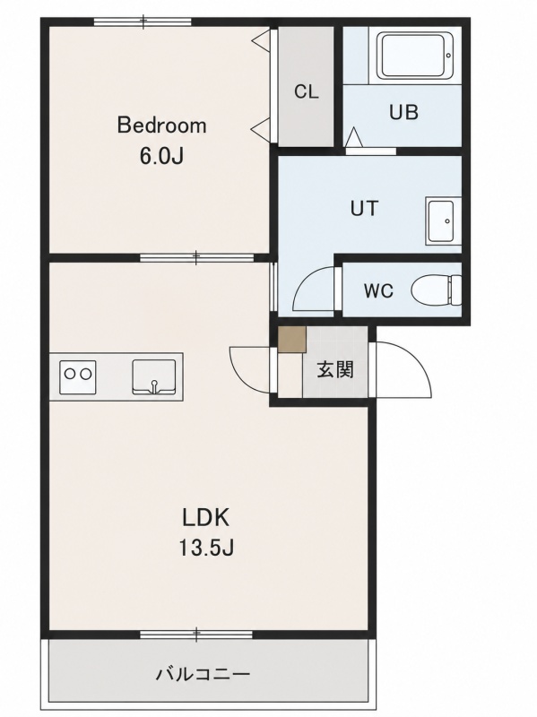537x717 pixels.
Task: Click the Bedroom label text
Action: [x=162, y=125]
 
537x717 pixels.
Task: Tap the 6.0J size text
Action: [x=161, y=157]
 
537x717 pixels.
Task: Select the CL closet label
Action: [x=306, y=92]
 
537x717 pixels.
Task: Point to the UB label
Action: [x=403, y=112]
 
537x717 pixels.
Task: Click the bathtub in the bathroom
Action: [x=415, y=55]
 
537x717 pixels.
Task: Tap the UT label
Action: [x=365, y=209]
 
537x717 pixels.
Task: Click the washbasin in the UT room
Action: [x=440, y=220]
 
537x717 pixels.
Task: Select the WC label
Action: [x=378, y=290]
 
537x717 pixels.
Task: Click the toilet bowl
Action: [x=437, y=290]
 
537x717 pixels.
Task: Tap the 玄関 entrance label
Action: [x=336, y=369]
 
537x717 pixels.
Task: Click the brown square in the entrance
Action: [x=292, y=340]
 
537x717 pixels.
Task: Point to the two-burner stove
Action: [x=78, y=376]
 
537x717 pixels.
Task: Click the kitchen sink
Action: [x=153, y=376]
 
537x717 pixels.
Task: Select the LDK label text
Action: [x=205, y=518]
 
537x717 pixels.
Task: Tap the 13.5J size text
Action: [x=206, y=548]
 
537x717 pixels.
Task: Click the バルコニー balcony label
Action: [x=204, y=674]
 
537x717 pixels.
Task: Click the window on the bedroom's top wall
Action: [x=143, y=21]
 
